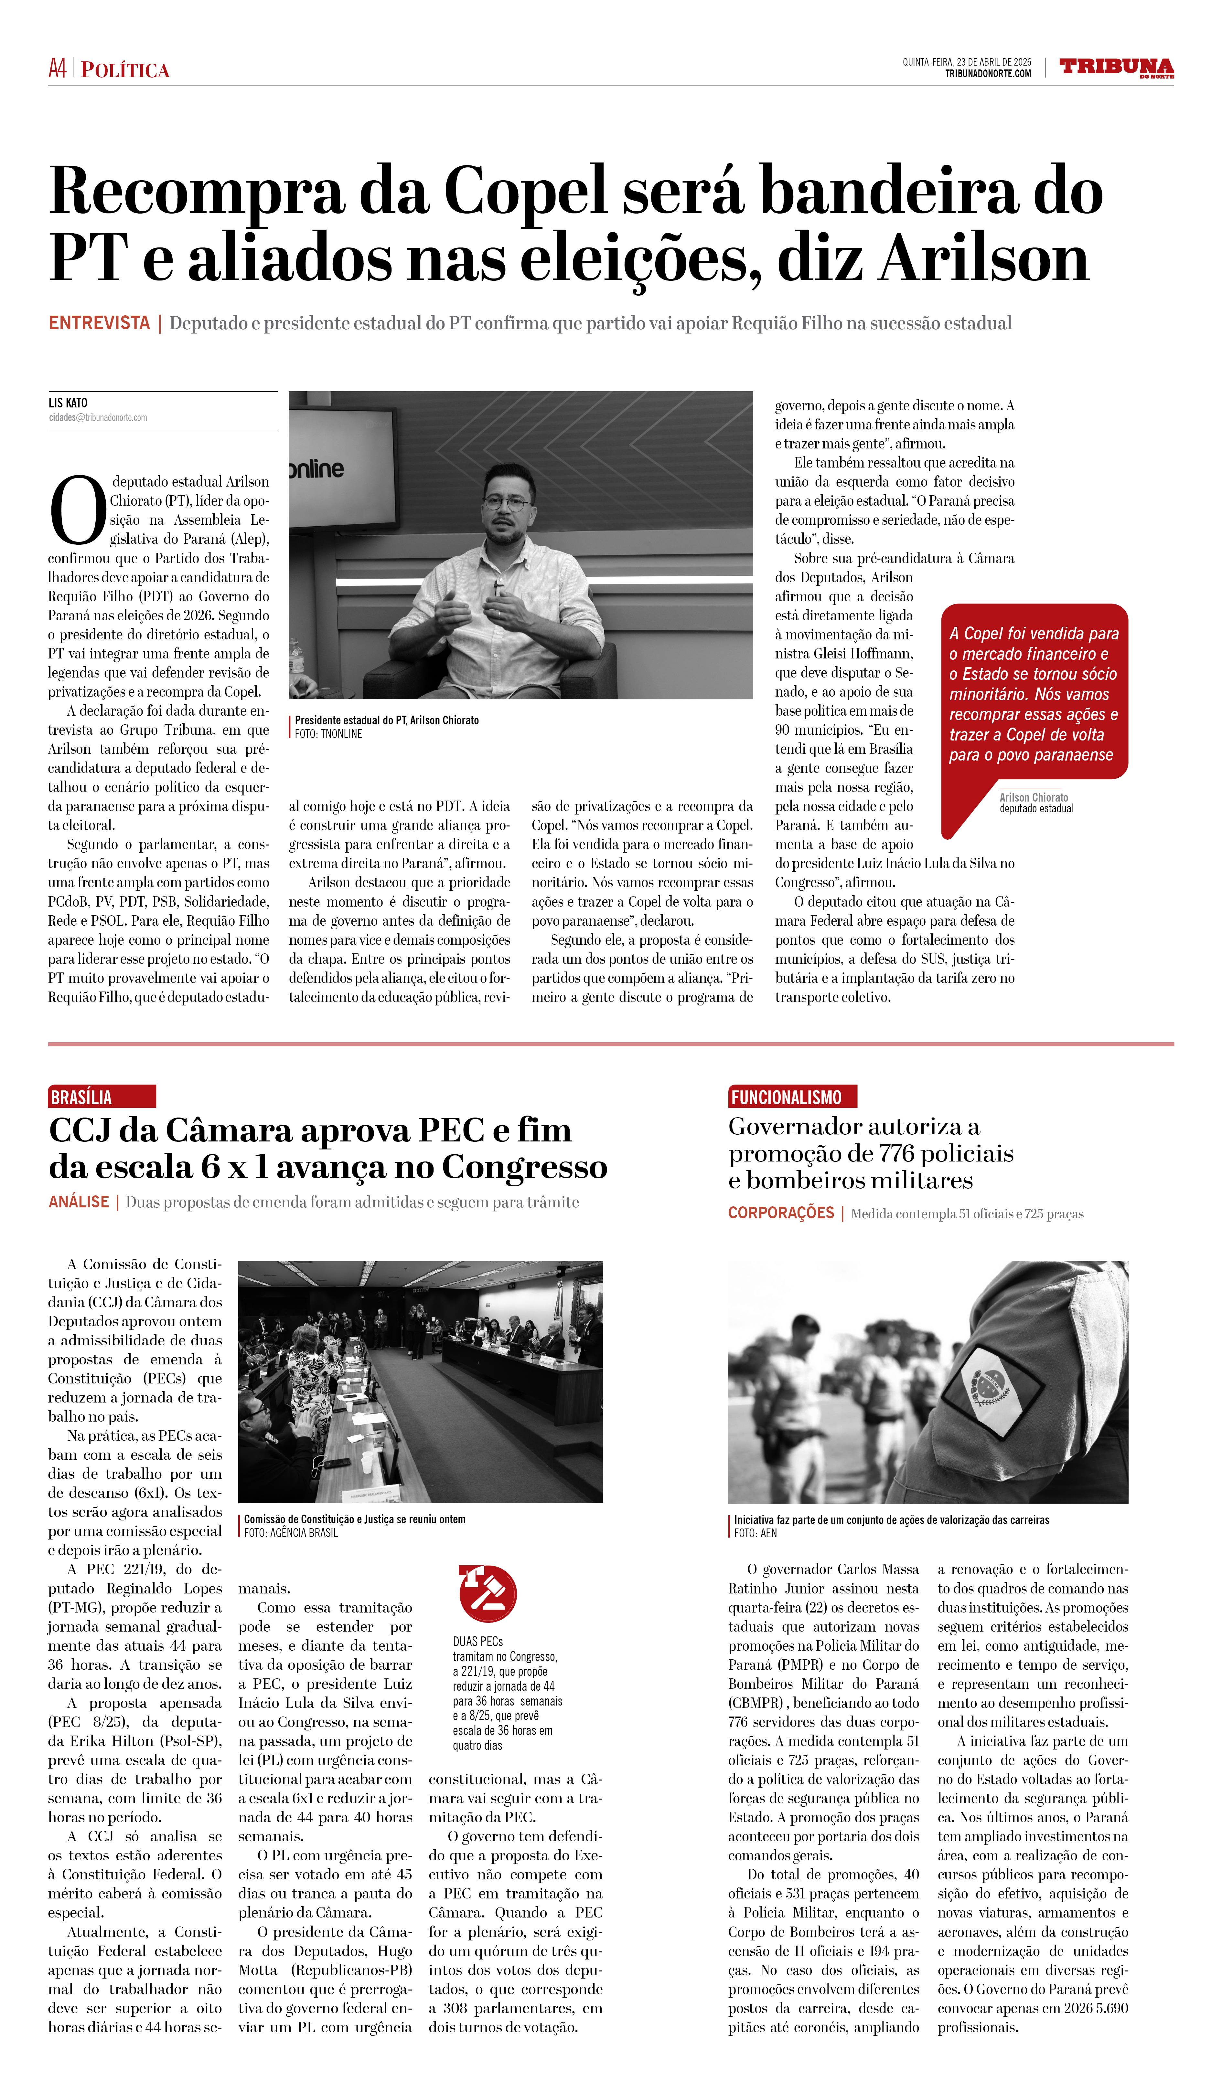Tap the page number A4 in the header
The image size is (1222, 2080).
click(57, 68)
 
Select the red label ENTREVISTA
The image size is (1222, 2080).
click(99, 323)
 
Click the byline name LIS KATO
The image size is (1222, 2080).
click(68, 403)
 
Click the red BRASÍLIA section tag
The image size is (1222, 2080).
click(101, 1097)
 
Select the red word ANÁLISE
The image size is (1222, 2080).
click(79, 1202)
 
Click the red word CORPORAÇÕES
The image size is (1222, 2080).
click(780, 1213)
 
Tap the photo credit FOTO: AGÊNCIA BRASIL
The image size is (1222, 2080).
click(291, 1533)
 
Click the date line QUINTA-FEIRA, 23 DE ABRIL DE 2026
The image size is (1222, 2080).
click(966, 62)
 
